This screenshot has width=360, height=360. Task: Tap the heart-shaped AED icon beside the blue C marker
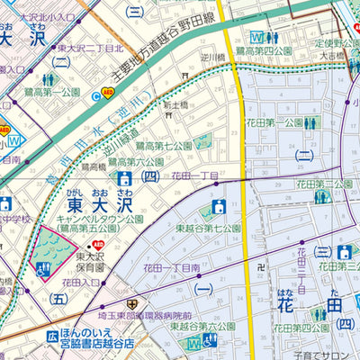click(108, 92)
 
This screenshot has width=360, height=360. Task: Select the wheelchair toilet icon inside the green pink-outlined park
click(40, 268)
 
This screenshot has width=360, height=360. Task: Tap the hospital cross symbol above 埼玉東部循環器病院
click(132, 304)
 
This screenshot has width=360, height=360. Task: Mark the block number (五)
click(59, 297)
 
